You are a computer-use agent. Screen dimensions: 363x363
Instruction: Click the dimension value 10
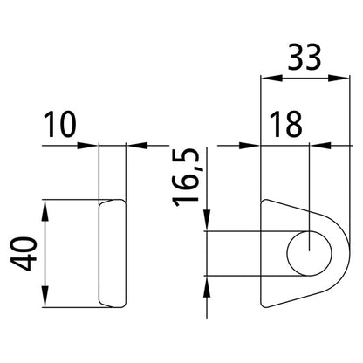62,128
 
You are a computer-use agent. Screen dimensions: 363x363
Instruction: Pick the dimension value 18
284,127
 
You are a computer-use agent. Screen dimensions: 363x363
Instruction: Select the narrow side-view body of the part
112,252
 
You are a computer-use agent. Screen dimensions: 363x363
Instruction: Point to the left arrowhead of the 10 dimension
92,145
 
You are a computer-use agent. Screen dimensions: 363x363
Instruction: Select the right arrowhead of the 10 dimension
134,145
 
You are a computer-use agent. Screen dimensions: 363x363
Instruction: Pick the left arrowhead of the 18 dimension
254,145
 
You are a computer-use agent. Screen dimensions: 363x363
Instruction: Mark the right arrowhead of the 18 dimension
318,145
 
